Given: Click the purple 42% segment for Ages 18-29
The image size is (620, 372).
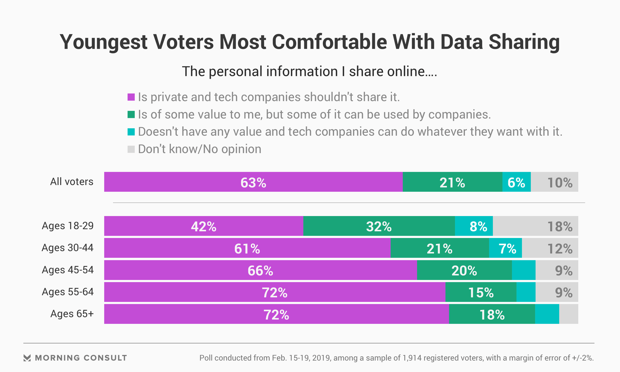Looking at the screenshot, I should pos(203,226).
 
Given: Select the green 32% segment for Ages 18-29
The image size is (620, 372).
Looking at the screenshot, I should pos(379,226).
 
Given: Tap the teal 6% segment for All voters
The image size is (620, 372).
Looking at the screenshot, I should pos(516,182).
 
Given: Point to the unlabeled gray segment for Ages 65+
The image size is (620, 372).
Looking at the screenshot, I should pos(569,314).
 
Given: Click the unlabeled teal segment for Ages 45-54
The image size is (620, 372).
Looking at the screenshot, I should pos(523,270).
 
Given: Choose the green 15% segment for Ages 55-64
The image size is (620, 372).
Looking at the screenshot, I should pos(481,292).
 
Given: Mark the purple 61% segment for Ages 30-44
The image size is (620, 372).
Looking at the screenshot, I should pos(247,248).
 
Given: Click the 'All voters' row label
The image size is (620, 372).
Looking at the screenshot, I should pos(72,181).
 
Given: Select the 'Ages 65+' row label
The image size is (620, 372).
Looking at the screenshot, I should pos(72,314).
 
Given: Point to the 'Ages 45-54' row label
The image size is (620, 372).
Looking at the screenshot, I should pos(68,270).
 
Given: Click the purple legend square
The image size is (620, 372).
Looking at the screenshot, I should pos(131,97).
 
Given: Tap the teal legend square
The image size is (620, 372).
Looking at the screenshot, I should pos(131,132).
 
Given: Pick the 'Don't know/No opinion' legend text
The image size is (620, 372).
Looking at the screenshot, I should pos(200,149).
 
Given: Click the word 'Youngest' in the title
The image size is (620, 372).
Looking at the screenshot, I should pos(104,42).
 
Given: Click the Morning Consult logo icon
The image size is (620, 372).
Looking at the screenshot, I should pos(27,358).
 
